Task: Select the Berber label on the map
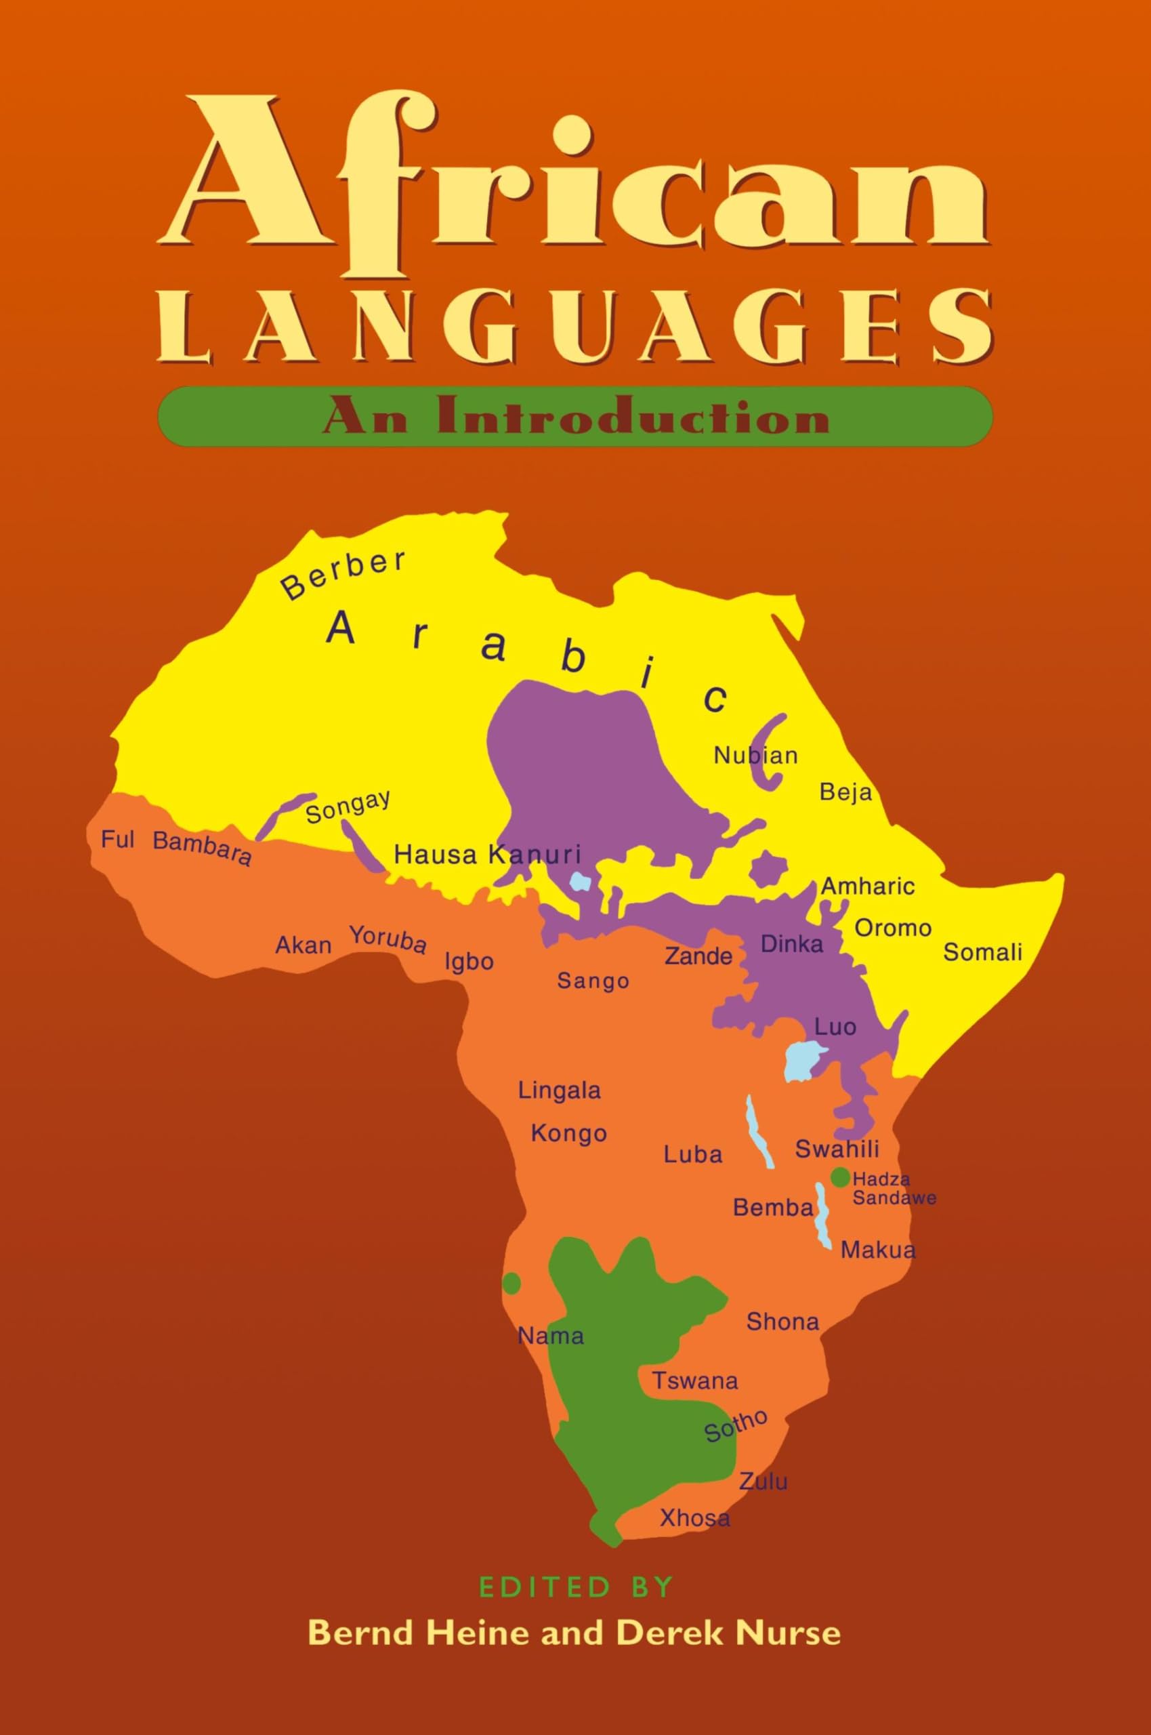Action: tap(343, 574)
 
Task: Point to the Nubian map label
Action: tap(755, 755)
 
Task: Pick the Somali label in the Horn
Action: tap(982, 952)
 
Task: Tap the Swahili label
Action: tap(837, 1149)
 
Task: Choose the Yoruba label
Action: tap(387, 939)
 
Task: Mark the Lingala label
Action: tap(560, 1090)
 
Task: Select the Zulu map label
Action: tap(763, 1481)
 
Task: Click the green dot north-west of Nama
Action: tap(511, 1284)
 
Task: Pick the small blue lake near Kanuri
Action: tap(580, 881)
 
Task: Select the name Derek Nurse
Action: tap(728, 1633)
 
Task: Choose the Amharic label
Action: tap(868, 886)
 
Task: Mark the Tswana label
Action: tap(695, 1381)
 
